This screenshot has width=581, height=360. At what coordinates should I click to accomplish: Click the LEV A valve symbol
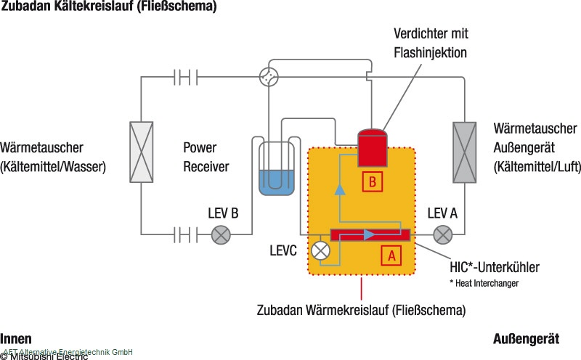point(442,234)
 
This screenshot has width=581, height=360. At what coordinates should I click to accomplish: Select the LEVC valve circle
point(320,250)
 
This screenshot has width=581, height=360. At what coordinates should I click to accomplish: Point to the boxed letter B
point(372,182)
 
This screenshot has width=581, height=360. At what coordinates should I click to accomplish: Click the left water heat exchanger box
point(142,151)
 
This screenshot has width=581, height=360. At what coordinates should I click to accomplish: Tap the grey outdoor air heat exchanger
point(466,151)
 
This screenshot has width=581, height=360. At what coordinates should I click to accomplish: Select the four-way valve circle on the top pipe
point(269,75)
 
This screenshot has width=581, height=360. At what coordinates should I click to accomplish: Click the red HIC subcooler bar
point(370,234)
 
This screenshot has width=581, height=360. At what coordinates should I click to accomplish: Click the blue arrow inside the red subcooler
point(370,234)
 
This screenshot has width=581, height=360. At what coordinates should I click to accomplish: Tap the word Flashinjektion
point(431,52)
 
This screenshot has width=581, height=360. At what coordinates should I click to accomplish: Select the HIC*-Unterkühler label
point(495,266)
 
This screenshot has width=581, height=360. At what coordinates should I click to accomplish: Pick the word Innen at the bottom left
point(16,338)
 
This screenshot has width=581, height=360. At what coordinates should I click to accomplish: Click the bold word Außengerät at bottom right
point(526,339)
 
